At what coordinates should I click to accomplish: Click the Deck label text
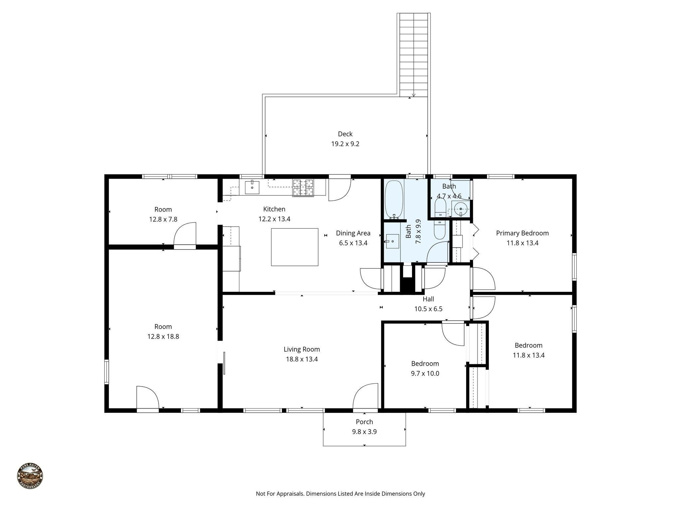click(x=345, y=134)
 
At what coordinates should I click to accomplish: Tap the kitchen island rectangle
click(x=294, y=247)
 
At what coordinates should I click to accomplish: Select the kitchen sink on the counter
click(x=252, y=187)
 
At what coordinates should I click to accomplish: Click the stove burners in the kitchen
click(x=303, y=188)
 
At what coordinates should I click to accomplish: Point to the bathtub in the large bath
click(x=394, y=199)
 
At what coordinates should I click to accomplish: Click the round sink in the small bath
click(x=461, y=209)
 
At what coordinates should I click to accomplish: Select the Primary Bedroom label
click(x=522, y=233)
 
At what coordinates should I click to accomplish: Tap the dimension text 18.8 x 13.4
click(x=302, y=359)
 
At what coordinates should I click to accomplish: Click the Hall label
click(x=428, y=299)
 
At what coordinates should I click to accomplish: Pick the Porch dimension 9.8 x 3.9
click(x=364, y=432)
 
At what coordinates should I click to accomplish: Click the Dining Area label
click(x=353, y=233)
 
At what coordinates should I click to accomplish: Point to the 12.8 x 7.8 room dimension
click(x=163, y=220)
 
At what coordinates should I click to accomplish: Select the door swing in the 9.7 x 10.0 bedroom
click(x=453, y=334)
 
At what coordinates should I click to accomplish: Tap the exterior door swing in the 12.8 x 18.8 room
click(x=147, y=397)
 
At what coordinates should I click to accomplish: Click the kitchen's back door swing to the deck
click(x=340, y=190)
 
